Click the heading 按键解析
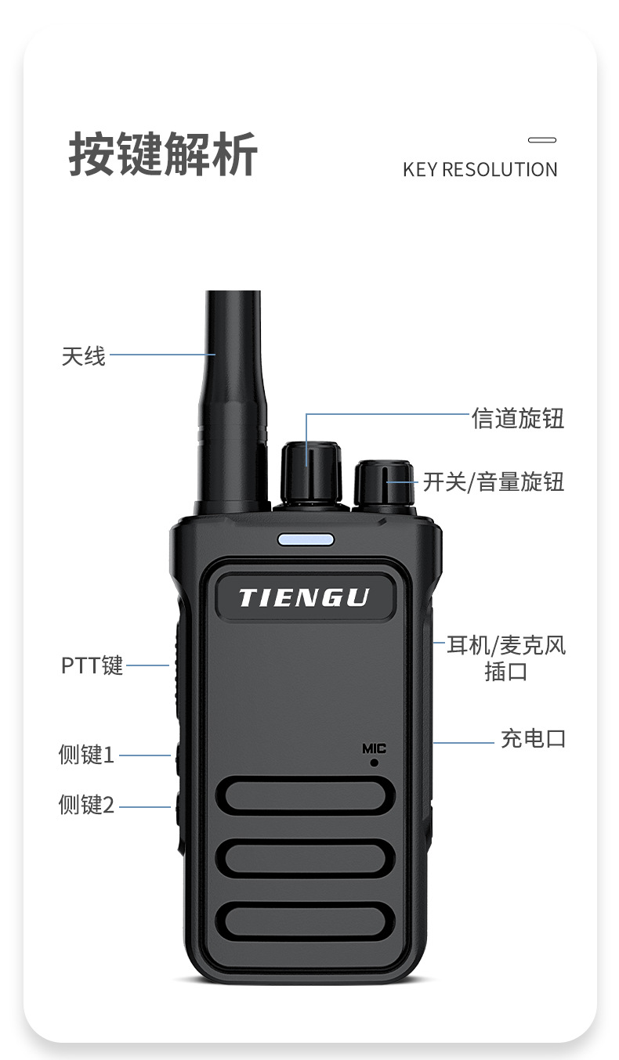164,154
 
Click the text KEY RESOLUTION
480,170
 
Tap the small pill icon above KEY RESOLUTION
541,139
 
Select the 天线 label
83,356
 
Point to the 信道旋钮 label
518,418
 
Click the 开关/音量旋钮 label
493,482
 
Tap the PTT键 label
92,665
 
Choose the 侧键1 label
86,755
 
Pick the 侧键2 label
86,805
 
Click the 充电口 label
534,739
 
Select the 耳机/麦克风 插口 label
506,658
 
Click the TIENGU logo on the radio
304,597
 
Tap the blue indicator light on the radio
306,540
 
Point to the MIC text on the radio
375,748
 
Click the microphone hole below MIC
375,763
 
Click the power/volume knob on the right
384,485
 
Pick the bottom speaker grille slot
305,921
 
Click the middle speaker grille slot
305,858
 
